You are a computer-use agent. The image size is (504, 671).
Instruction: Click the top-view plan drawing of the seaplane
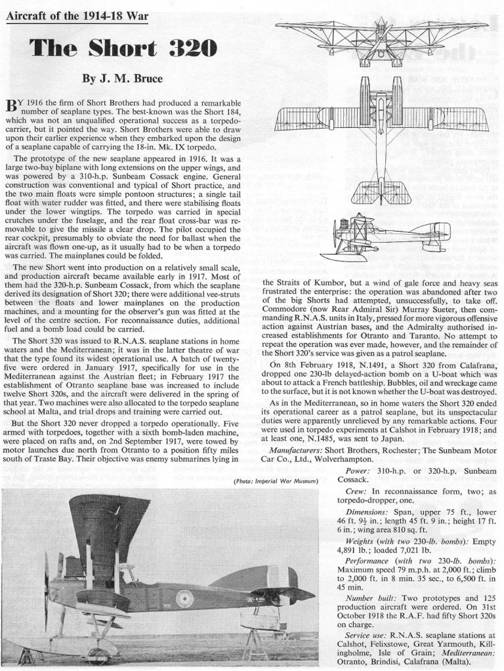click(382, 131)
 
